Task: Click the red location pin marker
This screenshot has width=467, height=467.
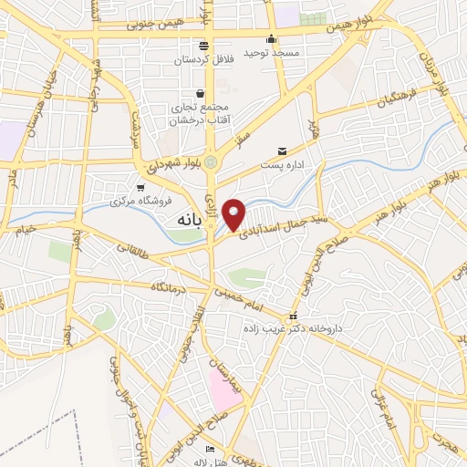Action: click(x=235, y=213)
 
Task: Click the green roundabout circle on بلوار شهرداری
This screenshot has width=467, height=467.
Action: click(x=212, y=162)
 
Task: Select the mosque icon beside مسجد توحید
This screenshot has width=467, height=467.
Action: click(x=271, y=39)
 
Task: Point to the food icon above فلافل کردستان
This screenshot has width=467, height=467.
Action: click(x=202, y=46)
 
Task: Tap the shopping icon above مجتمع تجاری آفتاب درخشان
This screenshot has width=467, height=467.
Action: click(x=199, y=93)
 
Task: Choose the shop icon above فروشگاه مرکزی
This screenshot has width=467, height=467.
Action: click(x=140, y=186)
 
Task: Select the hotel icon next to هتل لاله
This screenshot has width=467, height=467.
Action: click(x=211, y=450)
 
